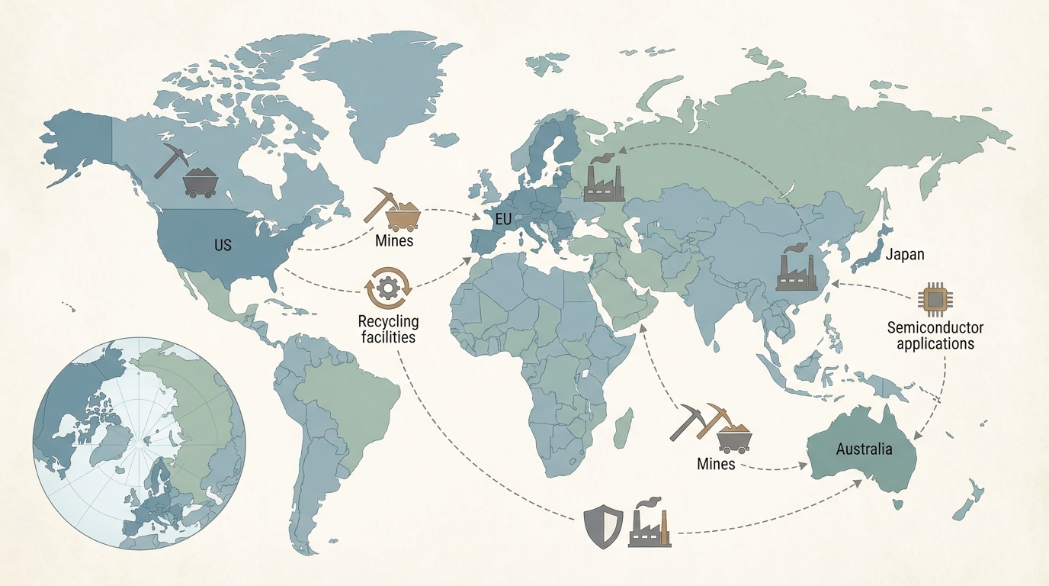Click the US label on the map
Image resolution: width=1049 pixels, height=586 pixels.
pyautogui.click(x=223, y=246)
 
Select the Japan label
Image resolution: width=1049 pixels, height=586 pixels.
pyautogui.click(x=905, y=255)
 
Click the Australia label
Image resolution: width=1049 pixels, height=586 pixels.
pyautogui.click(x=864, y=449)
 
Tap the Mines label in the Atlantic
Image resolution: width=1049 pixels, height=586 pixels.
pyautogui.click(x=394, y=241)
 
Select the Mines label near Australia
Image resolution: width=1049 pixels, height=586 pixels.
pyautogui.click(x=716, y=463)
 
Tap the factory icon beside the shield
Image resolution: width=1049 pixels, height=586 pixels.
pyautogui.click(x=650, y=523)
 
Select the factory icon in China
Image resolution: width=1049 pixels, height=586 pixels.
pyautogui.click(x=796, y=268)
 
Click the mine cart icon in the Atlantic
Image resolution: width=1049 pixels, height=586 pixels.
pyautogui.click(x=403, y=216)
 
